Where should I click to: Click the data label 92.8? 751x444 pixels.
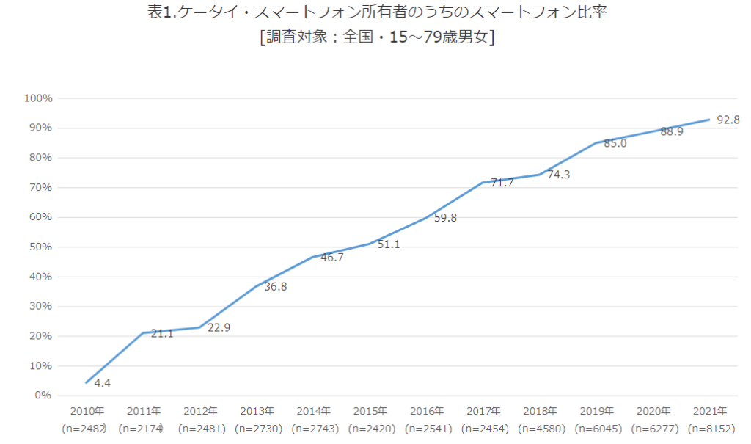tap(728, 120)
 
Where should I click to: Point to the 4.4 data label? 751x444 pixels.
tap(103, 382)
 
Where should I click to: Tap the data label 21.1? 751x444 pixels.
tap(162, 333)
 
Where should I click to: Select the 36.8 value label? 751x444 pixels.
tap(275, 286)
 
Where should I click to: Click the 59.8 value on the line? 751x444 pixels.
tap(445, 217)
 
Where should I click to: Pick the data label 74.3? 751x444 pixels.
tap(559, 174)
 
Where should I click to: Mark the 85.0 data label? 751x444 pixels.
tap(615, 143)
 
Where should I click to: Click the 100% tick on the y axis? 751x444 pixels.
tap(38, 98)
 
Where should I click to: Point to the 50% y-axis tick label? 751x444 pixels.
tap(40, 247)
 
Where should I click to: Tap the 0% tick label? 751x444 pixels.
tap(43, 396)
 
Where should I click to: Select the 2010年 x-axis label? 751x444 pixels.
tap(87, 411)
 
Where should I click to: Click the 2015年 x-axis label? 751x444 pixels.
tap(370, 411)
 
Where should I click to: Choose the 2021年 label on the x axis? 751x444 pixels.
tap(710, 411)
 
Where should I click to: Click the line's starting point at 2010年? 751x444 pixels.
tap(87, 382)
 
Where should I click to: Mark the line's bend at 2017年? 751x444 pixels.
tap(483, 182)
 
